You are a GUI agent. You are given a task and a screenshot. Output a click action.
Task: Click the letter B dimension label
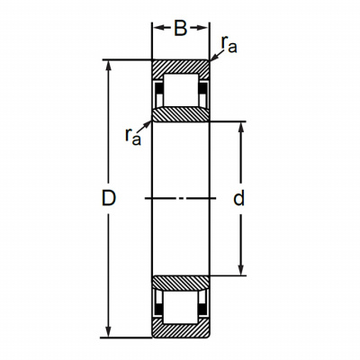[x=181, y=29]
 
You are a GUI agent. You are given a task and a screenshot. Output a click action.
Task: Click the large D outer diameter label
[x=108, y=198]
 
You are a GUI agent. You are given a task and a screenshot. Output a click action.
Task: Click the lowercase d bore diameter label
[x=239, y=198]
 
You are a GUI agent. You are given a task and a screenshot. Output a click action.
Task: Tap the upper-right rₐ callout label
[x=229, y=44]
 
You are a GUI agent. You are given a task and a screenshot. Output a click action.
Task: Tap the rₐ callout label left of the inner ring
[x=133, y=137]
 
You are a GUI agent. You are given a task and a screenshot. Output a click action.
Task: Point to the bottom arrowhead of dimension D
[x=109, y=331]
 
